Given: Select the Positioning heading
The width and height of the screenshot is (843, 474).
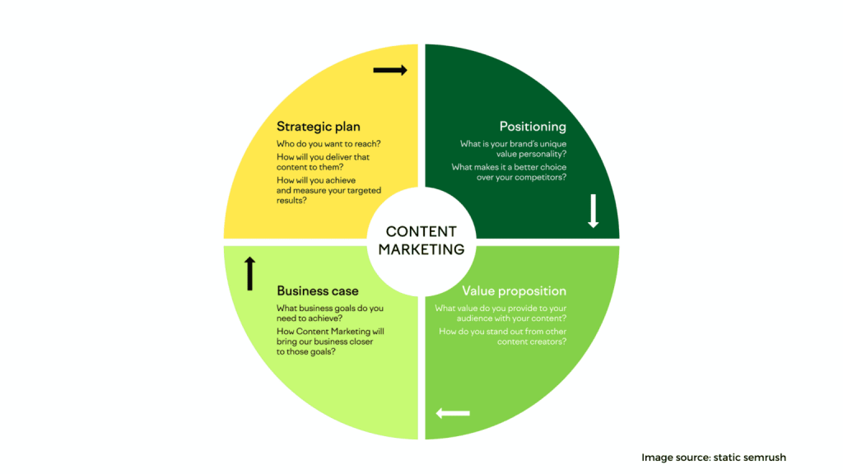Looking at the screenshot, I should (x=533, y=127).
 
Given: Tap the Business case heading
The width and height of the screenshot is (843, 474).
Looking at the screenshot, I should (x=317, y=291).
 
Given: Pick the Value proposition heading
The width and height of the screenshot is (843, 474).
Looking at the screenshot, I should (x=514, y=291).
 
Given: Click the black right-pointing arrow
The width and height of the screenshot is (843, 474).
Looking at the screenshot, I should (x=390, y=71).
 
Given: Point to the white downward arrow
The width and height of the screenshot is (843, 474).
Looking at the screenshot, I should (x=593, y=211).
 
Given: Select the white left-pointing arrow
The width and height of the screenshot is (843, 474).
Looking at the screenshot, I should (x=453, y=412).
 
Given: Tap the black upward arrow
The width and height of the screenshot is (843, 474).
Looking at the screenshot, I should (x=250, y=273).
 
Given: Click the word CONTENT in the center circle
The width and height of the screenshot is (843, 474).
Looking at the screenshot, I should (x=421, y=232).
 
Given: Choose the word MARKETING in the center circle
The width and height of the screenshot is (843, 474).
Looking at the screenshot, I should (x=421, y=249).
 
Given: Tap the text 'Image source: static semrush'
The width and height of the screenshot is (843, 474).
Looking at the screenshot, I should (x=720, y=457).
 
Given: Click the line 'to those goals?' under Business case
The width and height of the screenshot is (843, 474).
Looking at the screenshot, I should (x=311, y=352).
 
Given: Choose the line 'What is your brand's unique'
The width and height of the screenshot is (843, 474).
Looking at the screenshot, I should (x=513, y=145).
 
